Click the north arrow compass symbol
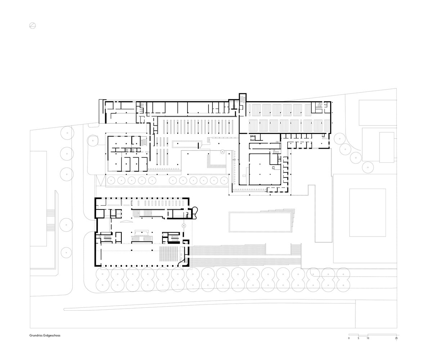click(32, 26)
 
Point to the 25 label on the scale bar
click(396, 338)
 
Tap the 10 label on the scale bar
click(368, 338)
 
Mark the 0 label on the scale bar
click(349, 338)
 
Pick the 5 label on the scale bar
click(358, 338)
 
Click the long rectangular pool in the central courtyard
click(260, 222)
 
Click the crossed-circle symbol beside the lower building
click(184, 225)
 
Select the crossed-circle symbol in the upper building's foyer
click(223, 152)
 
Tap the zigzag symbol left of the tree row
click(100, 181)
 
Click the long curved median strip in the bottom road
click(210, 305)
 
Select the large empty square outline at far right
click(368, 212)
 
